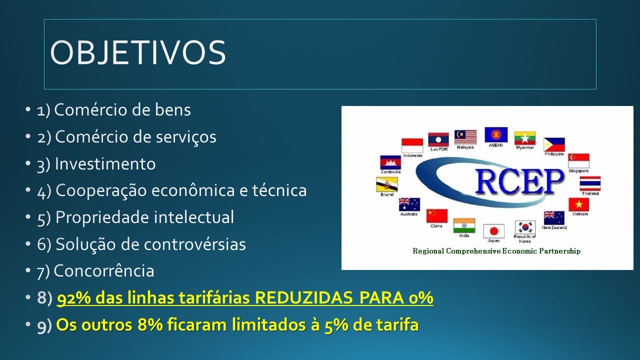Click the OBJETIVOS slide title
pyautogui.click(x=138, y=52)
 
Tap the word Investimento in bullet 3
pyautogui.click(x=105, y=163)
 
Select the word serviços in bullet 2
pyautogui.click(x=186, y=137)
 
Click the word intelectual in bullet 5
pyautogui.click(x=194, y=217)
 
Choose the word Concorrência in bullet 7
pyautogui.click(x=104, y=271)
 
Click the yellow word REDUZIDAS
pyautogui.click(x=303, y=297)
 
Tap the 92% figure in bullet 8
pyautogui.click(x=74, y=297)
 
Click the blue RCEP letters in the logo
pyautogui.click(x=519, y=181)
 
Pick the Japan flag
pyautogui.click(x=493, y=231)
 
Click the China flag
pyautogui.click(x=437, y=215)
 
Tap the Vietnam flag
pyautogui.click(x=579, y=204)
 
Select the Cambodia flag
pyautogui.click(x=390, y=162)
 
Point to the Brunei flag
pyautogui.click(x=387, y=184)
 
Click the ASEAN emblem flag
pyautogui.click(x=496, y=134)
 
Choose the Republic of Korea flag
pyautogui.click(x=525, y=227)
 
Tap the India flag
pyautogui.click(x=464, y=225)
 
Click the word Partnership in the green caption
pyautogui.click(x=559, y=251)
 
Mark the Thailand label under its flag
pyautogui.click(x=590, y=193)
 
